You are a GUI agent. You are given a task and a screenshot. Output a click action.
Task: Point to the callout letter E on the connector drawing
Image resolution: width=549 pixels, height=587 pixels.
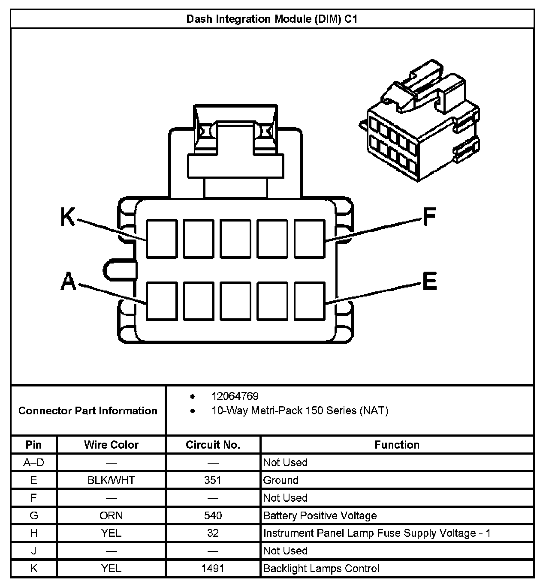(x=429, y=282)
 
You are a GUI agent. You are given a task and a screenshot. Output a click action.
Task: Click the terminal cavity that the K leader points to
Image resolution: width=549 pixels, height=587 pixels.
(x=162, y=239)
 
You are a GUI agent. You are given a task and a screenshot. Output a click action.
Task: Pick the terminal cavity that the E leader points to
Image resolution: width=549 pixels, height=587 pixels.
(x=310, y=301)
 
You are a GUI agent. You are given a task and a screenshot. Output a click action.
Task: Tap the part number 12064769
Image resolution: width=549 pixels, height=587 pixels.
(x=235, y=396)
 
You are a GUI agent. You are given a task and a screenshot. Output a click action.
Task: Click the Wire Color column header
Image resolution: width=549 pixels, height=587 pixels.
(x=111, y=445)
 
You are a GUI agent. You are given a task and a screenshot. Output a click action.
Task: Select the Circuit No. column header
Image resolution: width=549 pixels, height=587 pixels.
(x=213, y=445)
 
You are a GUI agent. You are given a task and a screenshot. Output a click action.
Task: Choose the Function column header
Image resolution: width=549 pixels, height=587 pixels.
(x=397, y=445)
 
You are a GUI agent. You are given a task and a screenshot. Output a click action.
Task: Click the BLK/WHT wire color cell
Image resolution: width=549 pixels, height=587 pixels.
(x=111, y=480)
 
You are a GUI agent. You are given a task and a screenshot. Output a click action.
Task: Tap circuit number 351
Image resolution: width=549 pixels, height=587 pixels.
(x=213, y=480)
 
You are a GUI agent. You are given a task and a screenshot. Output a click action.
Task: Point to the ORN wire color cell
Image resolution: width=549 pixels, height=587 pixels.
(x=111, y=515)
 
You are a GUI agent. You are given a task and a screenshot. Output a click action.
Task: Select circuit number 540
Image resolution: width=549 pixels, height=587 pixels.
(x=213, y=515)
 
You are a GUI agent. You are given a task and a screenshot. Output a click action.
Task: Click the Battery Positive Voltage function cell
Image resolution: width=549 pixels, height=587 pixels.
(x=320, y=515)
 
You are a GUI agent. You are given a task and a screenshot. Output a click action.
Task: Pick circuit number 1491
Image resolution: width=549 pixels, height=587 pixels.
(x=213, y=569)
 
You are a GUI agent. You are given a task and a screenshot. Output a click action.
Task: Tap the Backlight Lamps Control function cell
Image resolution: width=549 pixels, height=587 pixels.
(x=321, y=569)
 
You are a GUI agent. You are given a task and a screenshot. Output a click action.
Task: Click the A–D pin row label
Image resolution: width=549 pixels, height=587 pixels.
(x=33, y=462)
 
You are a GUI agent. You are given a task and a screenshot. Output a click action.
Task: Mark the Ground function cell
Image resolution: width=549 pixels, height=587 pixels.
(x=281, y=480)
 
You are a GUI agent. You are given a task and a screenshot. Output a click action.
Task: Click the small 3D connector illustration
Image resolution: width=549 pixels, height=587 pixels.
(x=419, y=124)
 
